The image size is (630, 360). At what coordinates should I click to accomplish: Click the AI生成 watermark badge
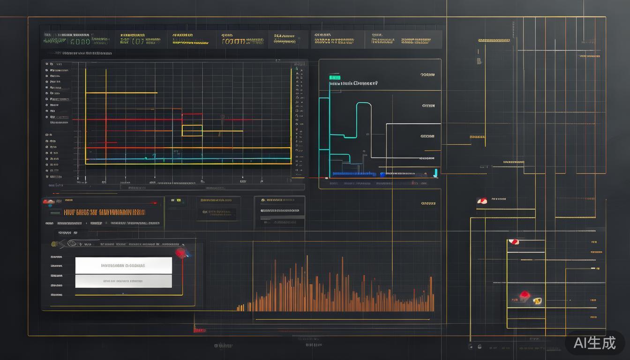(x=594, y=343)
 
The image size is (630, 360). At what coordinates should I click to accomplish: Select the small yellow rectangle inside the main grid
(x=192, y=130)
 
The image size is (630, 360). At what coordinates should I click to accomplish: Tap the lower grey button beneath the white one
(x=123, y=281)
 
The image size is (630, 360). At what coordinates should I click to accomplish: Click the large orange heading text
(x=104, y=212)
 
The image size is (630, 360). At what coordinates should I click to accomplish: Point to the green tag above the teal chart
(x=334, y=77)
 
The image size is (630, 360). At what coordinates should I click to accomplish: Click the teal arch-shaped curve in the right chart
(x=364, y=104)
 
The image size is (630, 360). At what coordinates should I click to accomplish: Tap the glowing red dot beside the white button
(x=180, y=253)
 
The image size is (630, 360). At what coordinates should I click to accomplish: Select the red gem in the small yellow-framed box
(x=525, y=295)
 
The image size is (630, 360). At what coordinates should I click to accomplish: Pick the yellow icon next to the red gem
(x=537, y=301)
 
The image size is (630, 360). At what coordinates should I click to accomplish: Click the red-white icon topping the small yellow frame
(x=514, y=242)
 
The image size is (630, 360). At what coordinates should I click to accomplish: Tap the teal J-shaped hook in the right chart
(x=436, y=173)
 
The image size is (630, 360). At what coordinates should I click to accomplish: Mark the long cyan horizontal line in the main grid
(x=187, y=159)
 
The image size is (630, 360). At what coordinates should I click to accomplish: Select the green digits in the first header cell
(x=80, y=42)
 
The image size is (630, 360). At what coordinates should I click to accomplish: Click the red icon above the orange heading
(x=48, y=202)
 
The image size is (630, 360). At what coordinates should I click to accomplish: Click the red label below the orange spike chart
(x=200, y=330)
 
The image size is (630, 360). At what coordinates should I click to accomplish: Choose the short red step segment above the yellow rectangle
(x=192, y=114)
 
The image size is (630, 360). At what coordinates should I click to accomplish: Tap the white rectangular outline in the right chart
(x=412, y=141)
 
